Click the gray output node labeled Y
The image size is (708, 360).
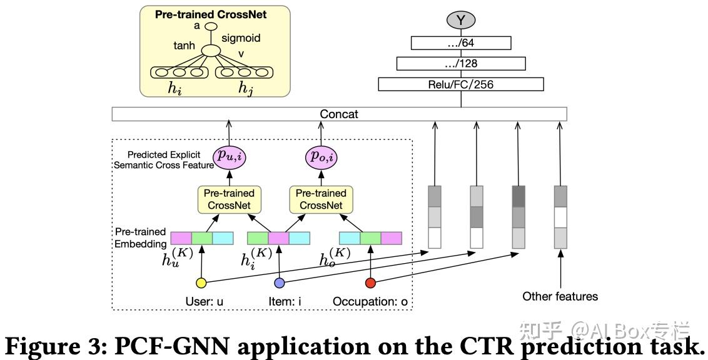pyautogui.click(x=460, y=20)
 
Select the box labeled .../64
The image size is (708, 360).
pyautogui.click(x=461, y=43)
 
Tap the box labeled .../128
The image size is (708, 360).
pyautogui.click(x=461, y=64)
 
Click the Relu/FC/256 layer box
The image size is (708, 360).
pyautogui.click(x=461, y=84)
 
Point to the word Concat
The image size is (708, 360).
pyautogui.click(x=338, y=114)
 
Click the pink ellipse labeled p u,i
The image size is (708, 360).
pyautogui.click(x=230, y=156)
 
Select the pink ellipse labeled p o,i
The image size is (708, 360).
pyautogui.click(x=321, y=156)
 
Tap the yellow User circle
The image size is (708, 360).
pyautogui.click(x=201, y=283)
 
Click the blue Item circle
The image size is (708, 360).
pyautogui.click(x=280, y=283)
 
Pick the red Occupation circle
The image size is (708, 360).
pyautogui.click(x=370, y=283)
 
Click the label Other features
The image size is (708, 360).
pyautogui.click(x=560, y=296)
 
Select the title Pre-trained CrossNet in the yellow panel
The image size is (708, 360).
pyautogui.click(x=211, y=14)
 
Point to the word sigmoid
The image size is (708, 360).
pyautogui.click(x=241, y=38)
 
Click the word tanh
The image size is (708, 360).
pyautogui.click(x=185, y=45)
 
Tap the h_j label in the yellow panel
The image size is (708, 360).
pyautogui.click(x=245, y=87)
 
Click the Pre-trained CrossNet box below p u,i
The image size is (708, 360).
pyautogui.click(x=230, y=199)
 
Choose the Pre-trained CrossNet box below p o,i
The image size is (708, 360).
pyautogui.click(x=321, y=199)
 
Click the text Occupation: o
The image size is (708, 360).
pyautogui.click(x=370, y=301)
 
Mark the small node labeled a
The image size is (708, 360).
pyautogui.click(x=211, y=27)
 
